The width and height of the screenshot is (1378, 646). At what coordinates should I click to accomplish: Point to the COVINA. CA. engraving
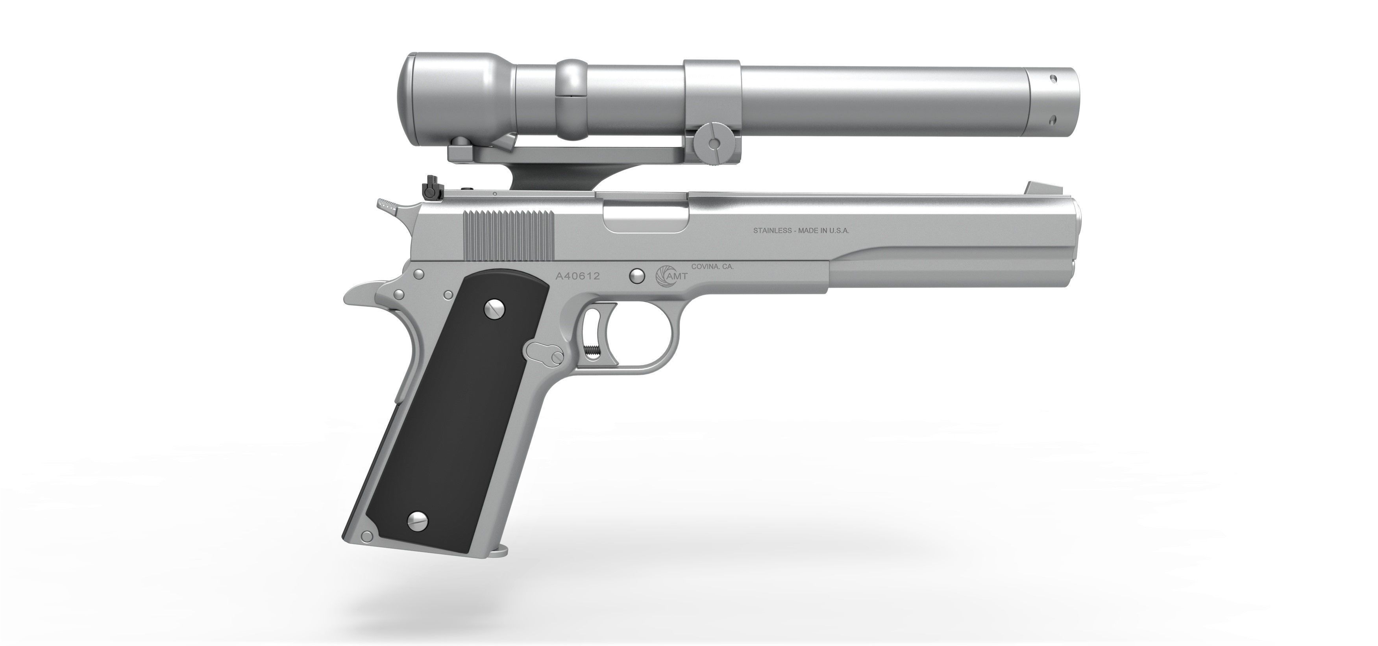point(712,267)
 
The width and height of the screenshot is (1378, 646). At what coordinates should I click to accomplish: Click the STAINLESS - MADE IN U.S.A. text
point(801,231)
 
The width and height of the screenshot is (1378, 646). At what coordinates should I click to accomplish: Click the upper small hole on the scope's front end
point(1053,78)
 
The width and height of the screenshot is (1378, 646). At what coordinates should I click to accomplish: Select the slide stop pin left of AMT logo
point(636,276)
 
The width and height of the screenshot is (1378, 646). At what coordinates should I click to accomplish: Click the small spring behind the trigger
point(592,351)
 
